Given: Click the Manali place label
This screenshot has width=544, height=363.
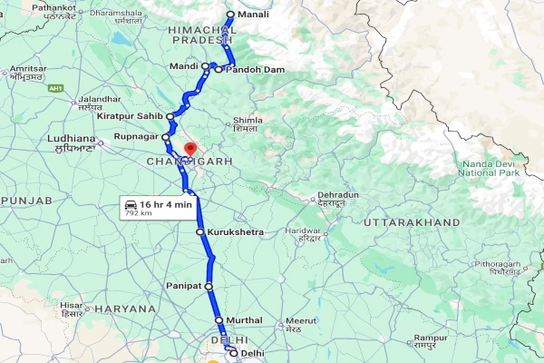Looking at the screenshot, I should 254,15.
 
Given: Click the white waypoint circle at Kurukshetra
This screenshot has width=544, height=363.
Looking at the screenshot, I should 200,232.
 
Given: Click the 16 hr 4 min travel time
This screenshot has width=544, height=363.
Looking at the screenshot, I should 168,204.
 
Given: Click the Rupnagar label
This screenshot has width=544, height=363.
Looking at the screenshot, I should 136,137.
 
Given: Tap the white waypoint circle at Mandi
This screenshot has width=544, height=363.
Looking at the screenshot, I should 207,67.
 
